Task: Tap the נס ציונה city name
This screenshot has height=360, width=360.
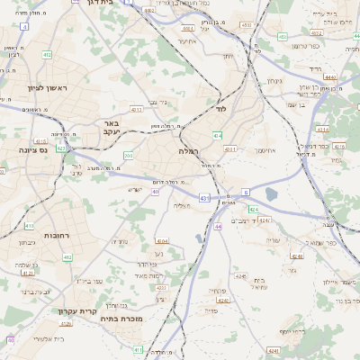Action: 31,150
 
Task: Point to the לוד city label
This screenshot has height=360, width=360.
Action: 220,109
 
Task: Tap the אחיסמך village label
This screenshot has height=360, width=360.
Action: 268,150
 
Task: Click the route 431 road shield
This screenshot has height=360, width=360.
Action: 205,197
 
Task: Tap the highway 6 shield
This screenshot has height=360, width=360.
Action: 246,192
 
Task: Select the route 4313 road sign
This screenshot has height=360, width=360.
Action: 137,110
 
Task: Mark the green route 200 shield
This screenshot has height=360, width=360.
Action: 129,155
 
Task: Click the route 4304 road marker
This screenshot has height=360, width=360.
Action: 162,241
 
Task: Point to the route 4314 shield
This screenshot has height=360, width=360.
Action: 336,130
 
